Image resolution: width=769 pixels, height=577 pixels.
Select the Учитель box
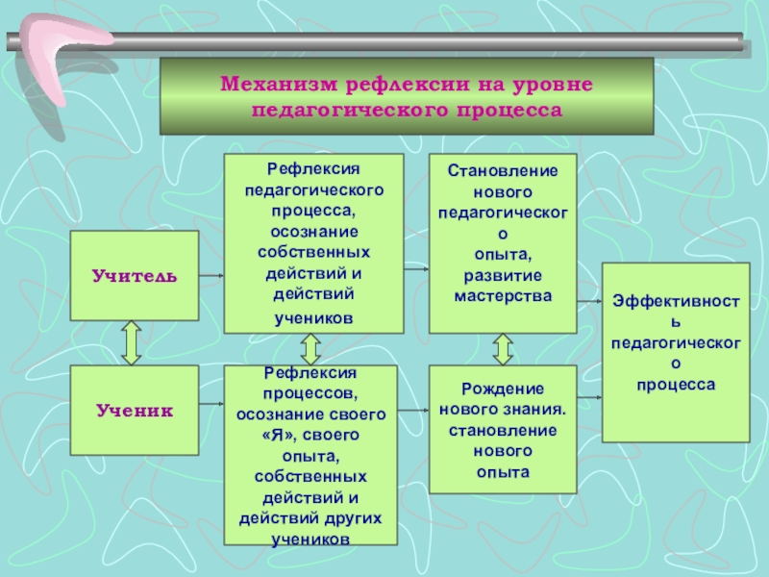pyautogui.click(x=135, y=276)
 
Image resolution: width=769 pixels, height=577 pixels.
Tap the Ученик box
pyautogui.click(x=135, y=411)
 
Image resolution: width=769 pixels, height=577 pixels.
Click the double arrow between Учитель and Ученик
pyautogui.click(x=131, y=343)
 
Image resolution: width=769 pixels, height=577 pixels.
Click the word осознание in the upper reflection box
pyautogui.click(x=313, y=231)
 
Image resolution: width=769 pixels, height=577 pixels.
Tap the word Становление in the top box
pyautogui.click(x=503, y=170)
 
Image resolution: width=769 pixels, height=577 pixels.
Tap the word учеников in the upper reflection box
pyautogui.click(x=313, y=316)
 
